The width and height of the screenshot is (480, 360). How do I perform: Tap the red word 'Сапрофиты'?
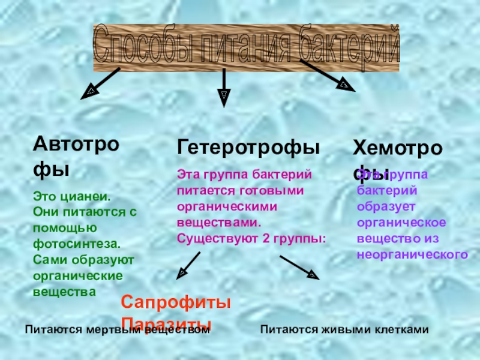tap(176, 303)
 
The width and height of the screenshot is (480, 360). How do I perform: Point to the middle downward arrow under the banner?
tap(224, 88)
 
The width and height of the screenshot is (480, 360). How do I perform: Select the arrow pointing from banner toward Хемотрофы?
tap(327, 76)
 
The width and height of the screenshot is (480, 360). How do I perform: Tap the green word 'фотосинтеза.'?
tap(77, 244)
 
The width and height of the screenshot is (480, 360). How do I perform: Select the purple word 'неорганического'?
tap(412, 254)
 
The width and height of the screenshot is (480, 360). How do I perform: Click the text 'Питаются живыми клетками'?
tap(345, 329)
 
